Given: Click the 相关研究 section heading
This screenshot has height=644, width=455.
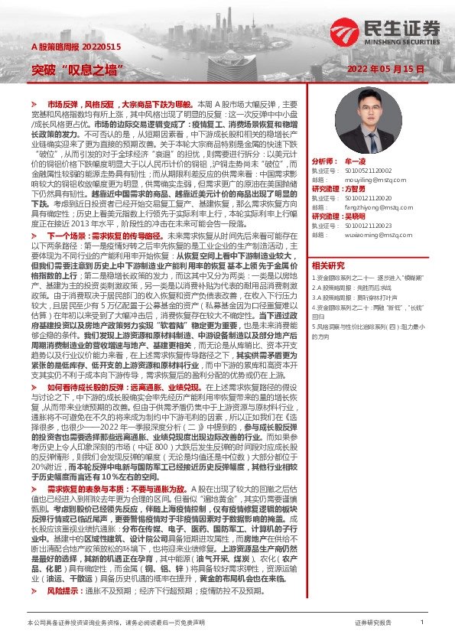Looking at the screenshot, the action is [x=328, y=265].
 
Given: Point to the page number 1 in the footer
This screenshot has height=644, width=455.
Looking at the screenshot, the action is [x=422, y=623].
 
